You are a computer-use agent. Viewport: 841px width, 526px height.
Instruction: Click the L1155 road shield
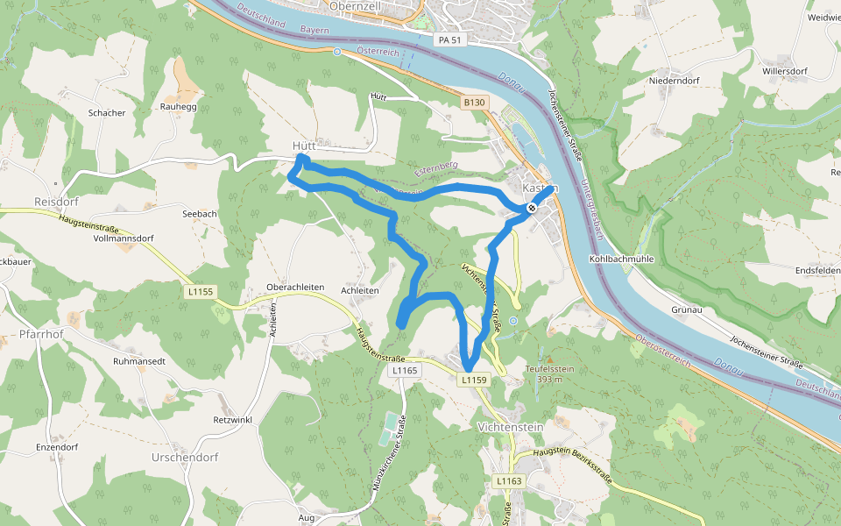click(201, 290)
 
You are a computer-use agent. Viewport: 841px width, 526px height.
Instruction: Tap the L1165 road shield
click(404, 371)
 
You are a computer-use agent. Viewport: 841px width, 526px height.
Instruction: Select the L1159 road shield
click(471, 380)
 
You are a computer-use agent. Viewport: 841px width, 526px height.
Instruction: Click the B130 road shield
click(474, 103)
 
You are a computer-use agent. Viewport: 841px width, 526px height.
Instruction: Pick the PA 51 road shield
click(449, 39)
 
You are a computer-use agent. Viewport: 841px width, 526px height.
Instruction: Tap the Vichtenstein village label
click(512, 427)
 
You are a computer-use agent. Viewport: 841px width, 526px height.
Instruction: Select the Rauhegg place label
click(178, 106)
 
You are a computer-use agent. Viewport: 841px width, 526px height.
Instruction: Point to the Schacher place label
click(107, 113)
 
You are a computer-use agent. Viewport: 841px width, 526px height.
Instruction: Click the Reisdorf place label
click(51, 202)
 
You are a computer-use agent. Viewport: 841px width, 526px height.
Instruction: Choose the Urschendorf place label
click(185, 458)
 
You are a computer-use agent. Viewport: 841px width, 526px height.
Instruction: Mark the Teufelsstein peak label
click(549, 369)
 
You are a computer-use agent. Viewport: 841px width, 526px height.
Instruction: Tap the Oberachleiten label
click(295, 288)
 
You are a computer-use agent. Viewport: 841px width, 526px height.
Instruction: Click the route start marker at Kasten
click(532, 208)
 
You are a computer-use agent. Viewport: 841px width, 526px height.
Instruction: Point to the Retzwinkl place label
click(232, 420)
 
